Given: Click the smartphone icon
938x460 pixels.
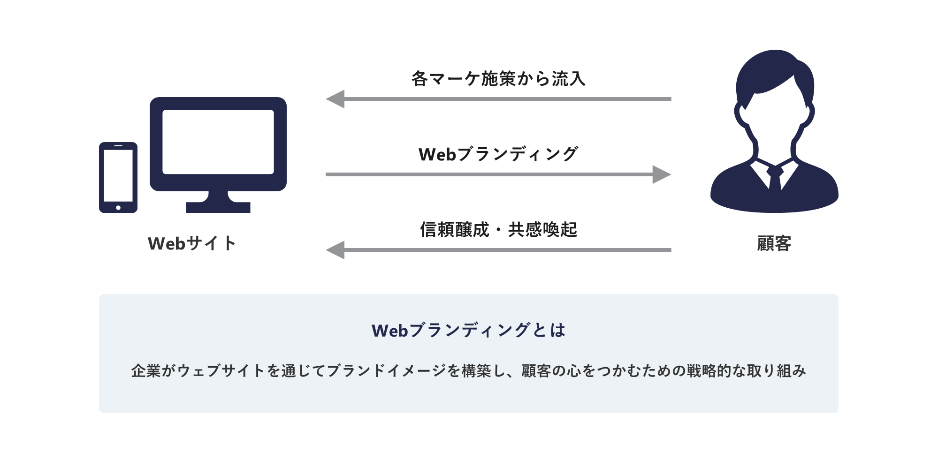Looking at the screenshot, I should [x=118, y=177].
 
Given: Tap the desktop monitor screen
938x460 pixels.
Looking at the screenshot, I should [x=218, y=142].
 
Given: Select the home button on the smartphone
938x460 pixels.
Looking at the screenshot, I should [x=118, y=207].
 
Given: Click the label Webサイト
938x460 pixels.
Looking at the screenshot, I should [x=192, y=243].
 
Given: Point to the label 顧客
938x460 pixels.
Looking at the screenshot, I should [x=774, y=243].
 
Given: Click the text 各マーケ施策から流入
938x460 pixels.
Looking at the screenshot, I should [x=498, y=79].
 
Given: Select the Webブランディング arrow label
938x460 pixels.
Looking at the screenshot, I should [x=498, y=154].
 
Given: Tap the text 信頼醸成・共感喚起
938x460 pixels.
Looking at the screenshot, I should [x=498, y=230].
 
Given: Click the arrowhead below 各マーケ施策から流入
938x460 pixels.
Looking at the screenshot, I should [x=336, y=99].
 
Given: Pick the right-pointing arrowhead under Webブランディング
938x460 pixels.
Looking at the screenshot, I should [x=661, y=174].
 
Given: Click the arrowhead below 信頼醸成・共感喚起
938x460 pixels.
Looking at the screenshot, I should [x=336, y=250].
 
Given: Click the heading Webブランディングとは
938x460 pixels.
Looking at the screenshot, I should [x=468, y=331].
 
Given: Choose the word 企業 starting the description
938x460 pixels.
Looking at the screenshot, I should [x=146, y=371].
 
